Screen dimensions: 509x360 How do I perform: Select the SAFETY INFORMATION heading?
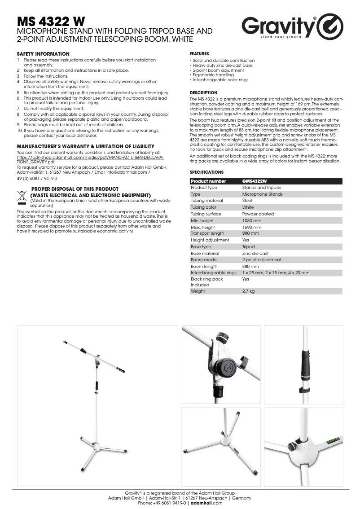click(x=43, y=54)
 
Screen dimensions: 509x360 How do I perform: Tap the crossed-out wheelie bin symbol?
click(x=22, y=196)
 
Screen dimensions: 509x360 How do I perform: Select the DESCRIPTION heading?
click(x=203, y=93)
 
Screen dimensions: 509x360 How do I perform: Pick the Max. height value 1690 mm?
click(x=251, y=228)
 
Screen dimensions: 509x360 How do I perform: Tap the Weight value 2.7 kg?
click(x=248, y=291)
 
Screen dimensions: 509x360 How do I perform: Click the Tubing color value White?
click(x=248, y=207)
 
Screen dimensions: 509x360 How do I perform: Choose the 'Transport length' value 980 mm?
click(x=250, y=233)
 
